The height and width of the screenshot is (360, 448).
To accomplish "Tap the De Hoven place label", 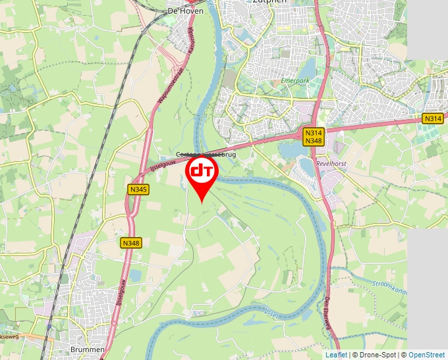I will (x=182, y=11).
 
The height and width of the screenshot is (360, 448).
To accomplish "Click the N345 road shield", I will (x=137, y=189).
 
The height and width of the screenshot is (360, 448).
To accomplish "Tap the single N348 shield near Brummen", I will (x=131, y=243).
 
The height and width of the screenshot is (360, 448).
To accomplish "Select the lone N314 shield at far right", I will (x=432, y=118).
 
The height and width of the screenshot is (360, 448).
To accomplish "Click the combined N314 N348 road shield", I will (x=313, y=137).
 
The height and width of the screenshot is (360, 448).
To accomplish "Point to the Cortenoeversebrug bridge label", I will (x=205, y=155).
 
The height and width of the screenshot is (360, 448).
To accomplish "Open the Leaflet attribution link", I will (x=336, y=355).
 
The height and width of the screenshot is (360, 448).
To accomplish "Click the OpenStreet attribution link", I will (x=427, y=355).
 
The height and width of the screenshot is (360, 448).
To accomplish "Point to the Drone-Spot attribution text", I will (x=376, y=355).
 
